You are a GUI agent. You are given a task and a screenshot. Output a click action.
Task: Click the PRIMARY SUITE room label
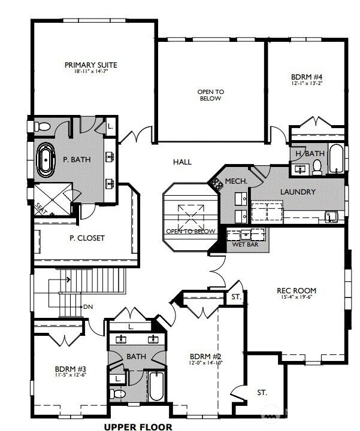(x=90, y=65)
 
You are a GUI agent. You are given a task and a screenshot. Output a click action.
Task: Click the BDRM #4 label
(x=307, y=77)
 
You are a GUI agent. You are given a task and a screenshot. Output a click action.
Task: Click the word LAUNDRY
(x=298, y=192)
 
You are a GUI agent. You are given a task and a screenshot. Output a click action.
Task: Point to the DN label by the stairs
(x=88, y=306)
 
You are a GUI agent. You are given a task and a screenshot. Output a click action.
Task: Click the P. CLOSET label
(x=87, y=238)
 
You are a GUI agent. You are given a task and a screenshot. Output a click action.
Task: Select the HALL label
(x=183, y=162)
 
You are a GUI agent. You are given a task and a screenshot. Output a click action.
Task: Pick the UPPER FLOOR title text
(x=138, y=426)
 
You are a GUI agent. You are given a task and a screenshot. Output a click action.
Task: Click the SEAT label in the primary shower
(x=41, y=207)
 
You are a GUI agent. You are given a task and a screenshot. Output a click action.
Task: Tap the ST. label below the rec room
(x=262, y=393)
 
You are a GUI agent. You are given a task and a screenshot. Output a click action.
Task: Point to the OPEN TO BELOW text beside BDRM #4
(x=210, y=95)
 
